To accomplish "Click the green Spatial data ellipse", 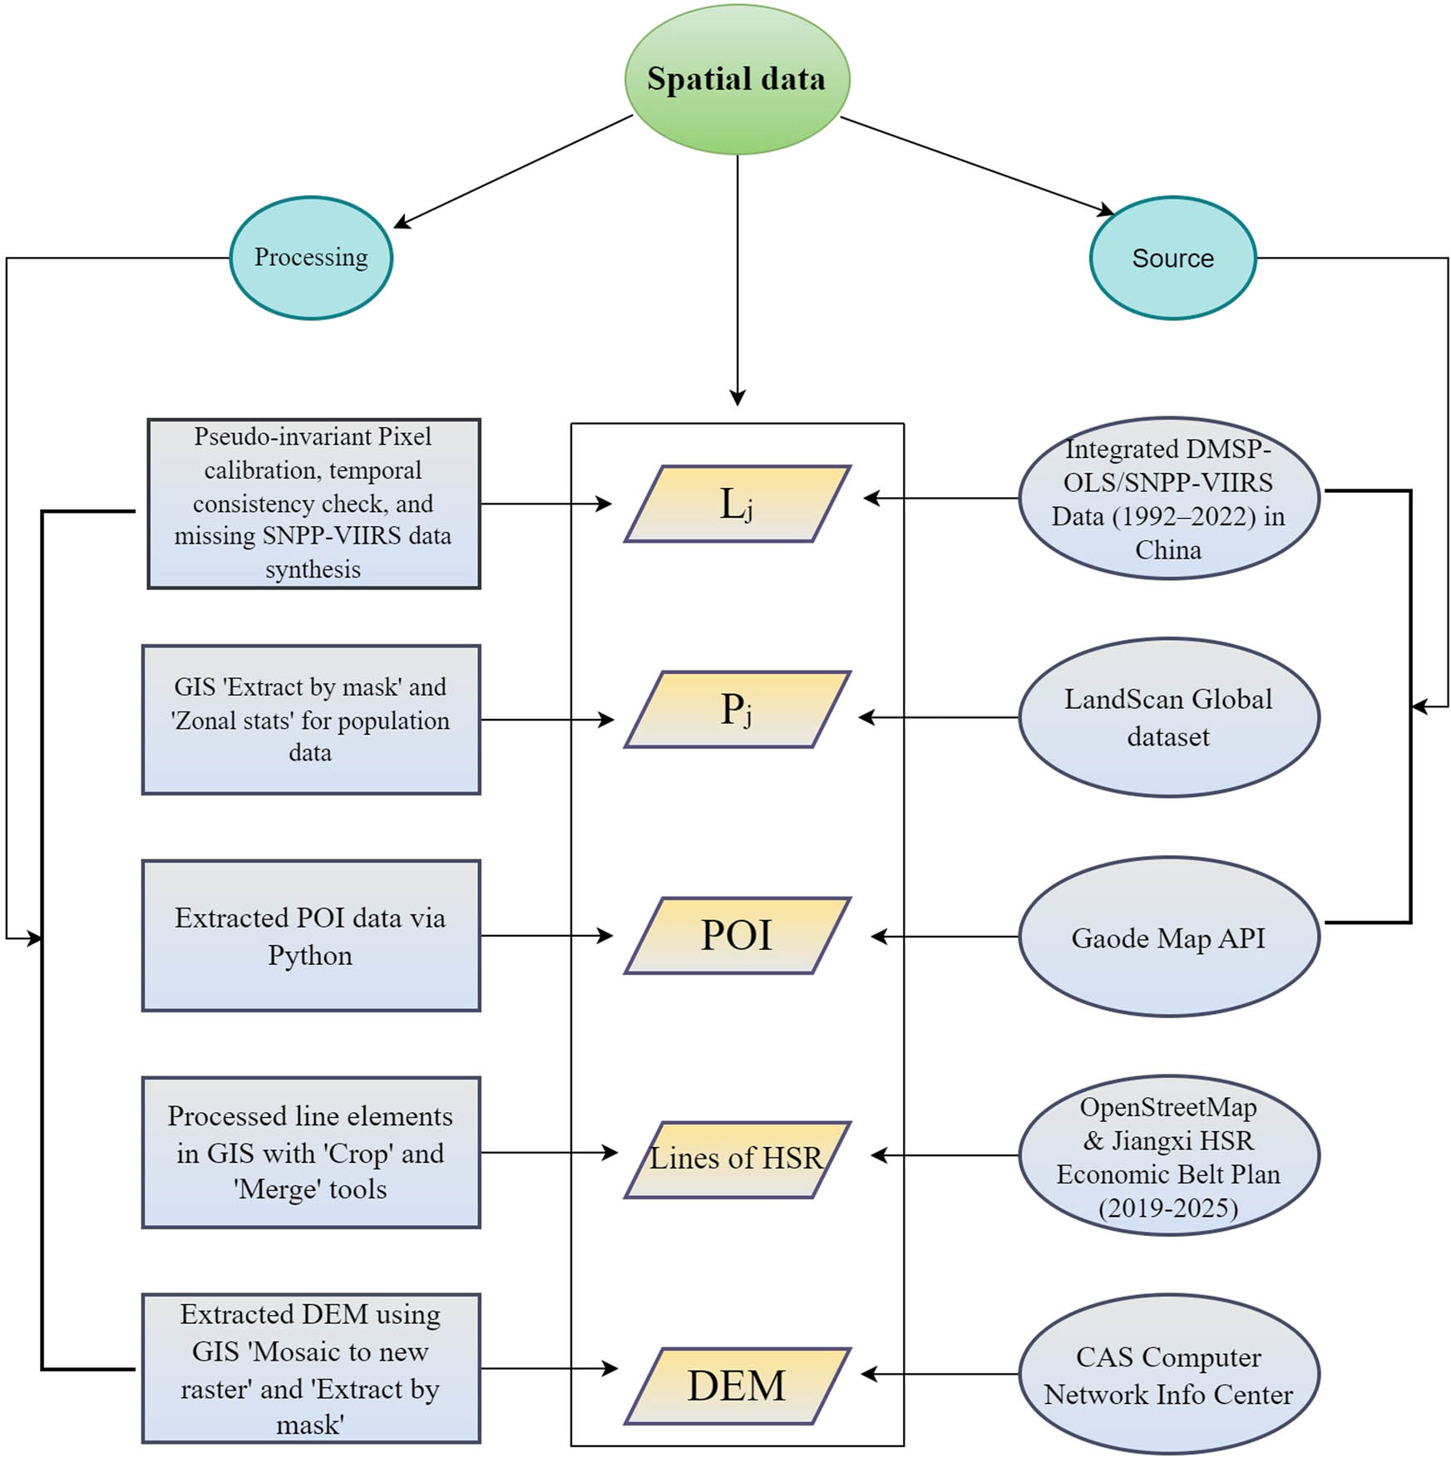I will coord(737,79).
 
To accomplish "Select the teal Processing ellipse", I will coord(311,258).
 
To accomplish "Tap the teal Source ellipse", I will coord(1172,258).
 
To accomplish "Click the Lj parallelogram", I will coord(737,504).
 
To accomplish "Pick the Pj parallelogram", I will coord(737,710).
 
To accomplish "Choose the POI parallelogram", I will coord(737,935).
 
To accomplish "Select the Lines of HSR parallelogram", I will coord(737,1159).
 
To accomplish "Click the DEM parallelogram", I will coord(737,1386).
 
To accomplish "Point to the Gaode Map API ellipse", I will coord(1168,938).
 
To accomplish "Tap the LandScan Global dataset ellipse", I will coord(1168,717).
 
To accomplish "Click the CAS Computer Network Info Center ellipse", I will coord(1168,1375).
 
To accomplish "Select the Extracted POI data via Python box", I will coord(311,936).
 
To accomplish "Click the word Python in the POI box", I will coord(310,956).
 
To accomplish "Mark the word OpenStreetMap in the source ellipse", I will coord(1168,1107).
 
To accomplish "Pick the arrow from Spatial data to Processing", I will coord(511,171).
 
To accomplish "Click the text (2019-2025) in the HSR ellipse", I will coord(1168,1208).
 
